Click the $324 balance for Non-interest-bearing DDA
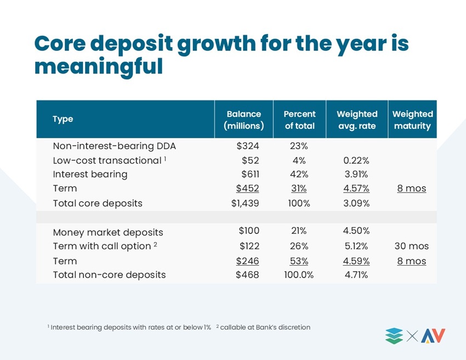click(248, 146)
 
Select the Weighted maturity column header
click(412, 120)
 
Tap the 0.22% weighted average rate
click(356, 160)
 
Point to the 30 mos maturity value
click(412, 246)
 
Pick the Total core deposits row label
click(98, 203)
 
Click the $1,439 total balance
click(245, 203)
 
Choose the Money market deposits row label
click(108, 232)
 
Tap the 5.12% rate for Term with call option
click(355, 246)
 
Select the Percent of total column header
click(299, 120)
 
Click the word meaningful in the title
click(99, 66)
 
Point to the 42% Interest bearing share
click(299, 174)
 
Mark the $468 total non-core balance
click(247, 274)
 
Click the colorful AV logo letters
click(433, 336)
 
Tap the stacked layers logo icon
click(394, 336)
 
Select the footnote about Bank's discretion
click(263, 327)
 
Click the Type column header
click(62, 119)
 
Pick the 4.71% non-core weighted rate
click(356, 274)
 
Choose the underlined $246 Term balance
click(248, 261)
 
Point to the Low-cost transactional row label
click(109, 160)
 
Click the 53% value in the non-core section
click(299, 261)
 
